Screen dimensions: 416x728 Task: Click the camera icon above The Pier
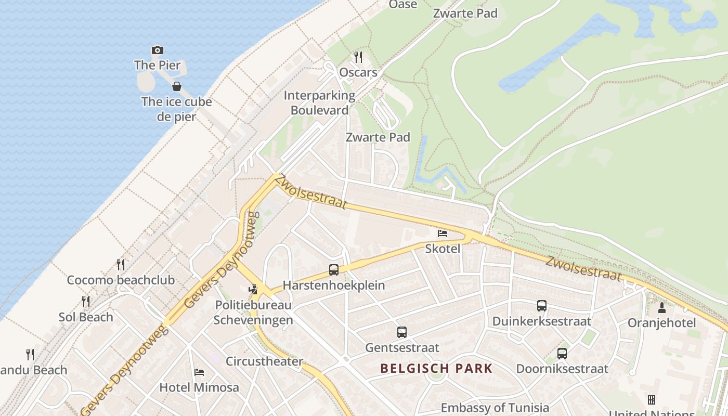tap(157, 50)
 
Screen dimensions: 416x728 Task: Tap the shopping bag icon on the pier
tap(177, 86)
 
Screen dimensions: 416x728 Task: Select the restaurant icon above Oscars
tap(358, 57)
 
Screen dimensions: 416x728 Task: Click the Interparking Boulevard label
tap(319, 103)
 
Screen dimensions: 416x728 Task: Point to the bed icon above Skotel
tap(443, 233)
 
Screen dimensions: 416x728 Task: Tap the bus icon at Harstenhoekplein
tap(334, 270)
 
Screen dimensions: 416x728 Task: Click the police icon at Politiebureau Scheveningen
tap(253, 289)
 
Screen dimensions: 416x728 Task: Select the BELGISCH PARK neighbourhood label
tap(436, 369)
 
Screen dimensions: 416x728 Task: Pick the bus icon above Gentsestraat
tap(402, 332)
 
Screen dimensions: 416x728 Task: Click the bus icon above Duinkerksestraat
tap(542, 306)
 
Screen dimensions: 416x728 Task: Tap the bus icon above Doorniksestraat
tap(562, 354)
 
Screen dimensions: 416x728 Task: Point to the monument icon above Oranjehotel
tap(662, 307)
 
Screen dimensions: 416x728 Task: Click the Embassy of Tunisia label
tap(495, 408)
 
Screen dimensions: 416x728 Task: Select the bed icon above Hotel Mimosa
tap(199, 372)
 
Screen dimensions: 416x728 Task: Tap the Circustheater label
tap(264, 361)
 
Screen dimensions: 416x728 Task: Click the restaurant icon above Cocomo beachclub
tap(121, 264)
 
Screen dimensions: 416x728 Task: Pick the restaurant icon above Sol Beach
tap(86, 301)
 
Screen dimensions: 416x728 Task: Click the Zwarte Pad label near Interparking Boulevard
tap(378, 137)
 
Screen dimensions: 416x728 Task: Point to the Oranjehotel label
tap(661, 323)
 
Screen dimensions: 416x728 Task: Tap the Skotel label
tap(443, 249)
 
